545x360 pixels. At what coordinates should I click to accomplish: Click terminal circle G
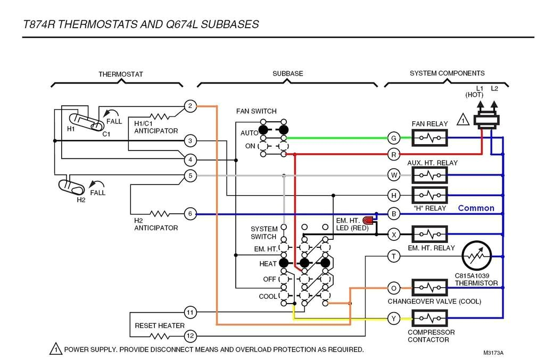point(394,138)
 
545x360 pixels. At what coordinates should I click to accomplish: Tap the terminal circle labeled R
point(394,155)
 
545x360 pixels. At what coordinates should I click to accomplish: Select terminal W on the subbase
point(394,174)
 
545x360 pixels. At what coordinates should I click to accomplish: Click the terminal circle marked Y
point(394,319)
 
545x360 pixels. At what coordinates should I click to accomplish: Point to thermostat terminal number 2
point(191,106)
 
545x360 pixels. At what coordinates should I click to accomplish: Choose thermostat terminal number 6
point(191,214)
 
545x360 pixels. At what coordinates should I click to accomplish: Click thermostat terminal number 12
point(191,336)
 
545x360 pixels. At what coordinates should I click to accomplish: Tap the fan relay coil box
point(430,138)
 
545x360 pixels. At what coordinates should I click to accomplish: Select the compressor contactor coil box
point(430,319)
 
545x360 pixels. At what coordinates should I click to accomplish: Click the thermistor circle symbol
point(476,256)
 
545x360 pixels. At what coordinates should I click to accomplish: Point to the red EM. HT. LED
point(368,220)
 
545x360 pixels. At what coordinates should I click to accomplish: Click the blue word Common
point(476,208)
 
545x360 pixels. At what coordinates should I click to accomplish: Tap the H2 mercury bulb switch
point(71,187)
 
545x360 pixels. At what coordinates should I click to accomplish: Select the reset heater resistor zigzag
point(160,336)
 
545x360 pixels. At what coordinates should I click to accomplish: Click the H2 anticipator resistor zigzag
point(160,214)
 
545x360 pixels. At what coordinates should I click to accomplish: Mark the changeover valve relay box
point(430,288)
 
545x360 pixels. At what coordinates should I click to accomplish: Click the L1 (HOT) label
point(474,91)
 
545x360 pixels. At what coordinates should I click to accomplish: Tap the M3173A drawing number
point(493,353)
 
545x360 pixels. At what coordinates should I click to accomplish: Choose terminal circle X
point(394,234)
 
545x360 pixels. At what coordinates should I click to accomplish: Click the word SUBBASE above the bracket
point(287,73)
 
